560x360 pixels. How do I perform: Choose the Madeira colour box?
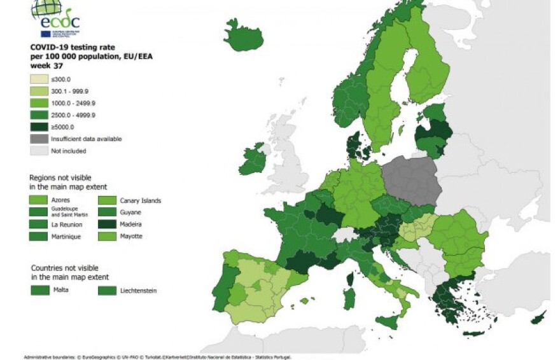tap(107, 224)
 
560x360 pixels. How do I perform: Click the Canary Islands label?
tap(140, 201)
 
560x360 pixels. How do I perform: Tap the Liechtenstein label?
tap(137, 291)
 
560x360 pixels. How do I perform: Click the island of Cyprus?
tap(540, 317)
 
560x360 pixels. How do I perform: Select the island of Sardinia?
tap(349, 298)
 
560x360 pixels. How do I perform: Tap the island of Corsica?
tap(350, 279)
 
